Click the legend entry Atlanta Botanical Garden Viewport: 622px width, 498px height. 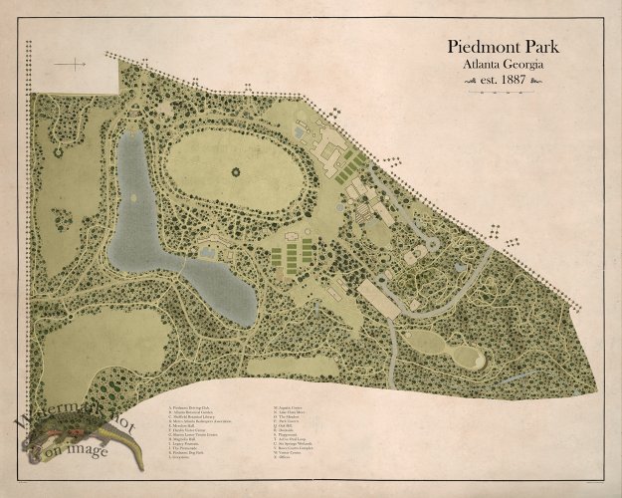click(x=198, y=415)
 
